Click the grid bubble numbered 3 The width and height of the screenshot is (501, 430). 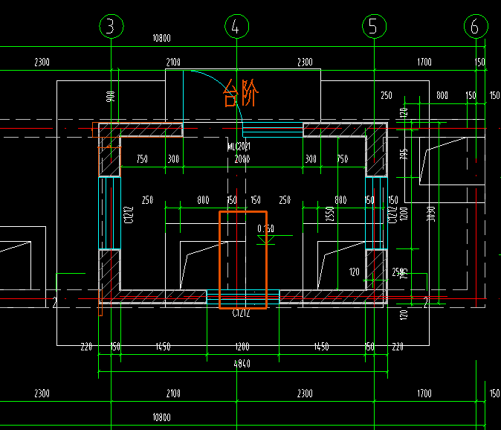(x=111, y=28)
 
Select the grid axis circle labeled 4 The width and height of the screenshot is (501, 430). (x=236, y=28)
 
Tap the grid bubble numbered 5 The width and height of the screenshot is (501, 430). (x=372, y=28)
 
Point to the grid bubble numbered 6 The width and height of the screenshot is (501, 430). (x=475, y=28)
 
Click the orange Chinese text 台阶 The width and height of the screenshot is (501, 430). (x=241, y=95)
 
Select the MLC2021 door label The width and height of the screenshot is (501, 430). (x=239, y=147)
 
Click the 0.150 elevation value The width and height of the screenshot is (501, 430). (x=265, y=228)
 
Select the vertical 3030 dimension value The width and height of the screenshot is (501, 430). (x=430, y=214)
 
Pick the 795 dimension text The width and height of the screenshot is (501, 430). (x=404, y=155)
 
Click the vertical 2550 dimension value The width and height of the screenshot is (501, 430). (x=330, y=214)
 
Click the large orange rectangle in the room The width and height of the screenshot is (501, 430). (x=242, y=260)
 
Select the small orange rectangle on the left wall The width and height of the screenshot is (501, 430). (x=109, y=161)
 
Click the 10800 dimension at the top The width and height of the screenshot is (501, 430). (x=161, y=38)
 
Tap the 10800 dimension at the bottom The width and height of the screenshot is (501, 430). (x=161, y=417)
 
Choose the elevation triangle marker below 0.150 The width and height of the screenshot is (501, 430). (x=265, y=240)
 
